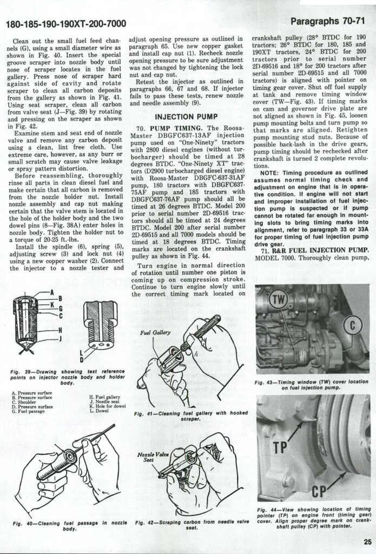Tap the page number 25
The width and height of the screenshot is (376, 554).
click(x=367, y=541)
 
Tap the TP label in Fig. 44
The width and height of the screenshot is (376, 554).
click(x=280, y=448)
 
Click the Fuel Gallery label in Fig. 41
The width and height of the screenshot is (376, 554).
click(x=155, y=333)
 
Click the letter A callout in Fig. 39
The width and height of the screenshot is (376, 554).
click(x=52, y=292)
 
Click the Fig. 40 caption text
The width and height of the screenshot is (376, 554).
click(x=69, y=525)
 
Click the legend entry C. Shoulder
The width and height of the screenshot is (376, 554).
click(x=28, y=401)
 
